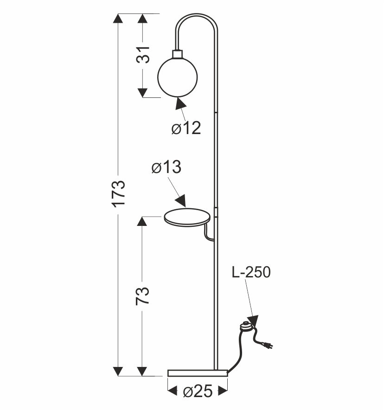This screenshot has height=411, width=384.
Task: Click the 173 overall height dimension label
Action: (119, 194)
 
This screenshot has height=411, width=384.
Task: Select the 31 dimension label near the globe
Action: (143, 55)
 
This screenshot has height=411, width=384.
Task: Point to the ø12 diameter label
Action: (186, 128)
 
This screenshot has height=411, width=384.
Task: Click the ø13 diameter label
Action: (166, 167)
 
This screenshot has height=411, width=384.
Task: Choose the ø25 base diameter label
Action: (198, 392)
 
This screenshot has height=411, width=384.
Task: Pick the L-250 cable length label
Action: (251, 272)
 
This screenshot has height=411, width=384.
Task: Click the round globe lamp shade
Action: (178, 77)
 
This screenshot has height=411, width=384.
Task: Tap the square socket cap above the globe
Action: (178, 54)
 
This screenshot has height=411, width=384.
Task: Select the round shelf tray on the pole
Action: (187, 217)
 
